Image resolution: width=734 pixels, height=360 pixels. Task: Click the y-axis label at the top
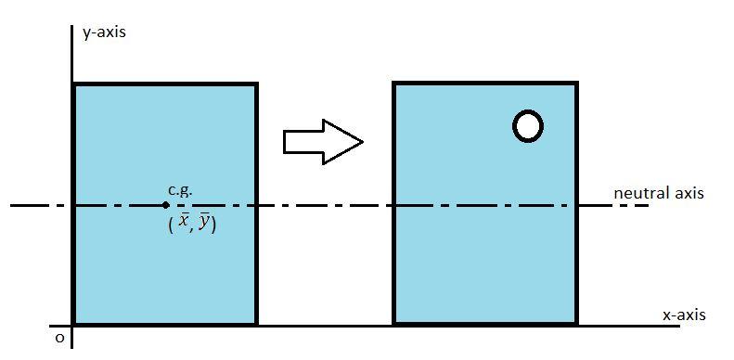coord(103,32)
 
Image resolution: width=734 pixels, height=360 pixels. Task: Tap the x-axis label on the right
coord(684,315)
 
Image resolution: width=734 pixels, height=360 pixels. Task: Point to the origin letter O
coord(59,339)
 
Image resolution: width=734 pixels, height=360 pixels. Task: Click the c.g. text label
coord(181,190)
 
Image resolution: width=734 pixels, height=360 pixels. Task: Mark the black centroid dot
coord(165,205)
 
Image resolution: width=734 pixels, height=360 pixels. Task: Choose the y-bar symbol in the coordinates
coord(204,223)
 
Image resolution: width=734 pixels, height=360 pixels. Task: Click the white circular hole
coord(528,126)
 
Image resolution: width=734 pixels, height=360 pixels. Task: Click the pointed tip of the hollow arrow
coord(361,142)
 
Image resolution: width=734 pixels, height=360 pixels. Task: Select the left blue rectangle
coord(164,269)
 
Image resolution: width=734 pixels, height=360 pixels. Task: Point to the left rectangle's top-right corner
coord(255,84)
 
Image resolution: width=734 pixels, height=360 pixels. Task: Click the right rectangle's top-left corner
coord(394,84)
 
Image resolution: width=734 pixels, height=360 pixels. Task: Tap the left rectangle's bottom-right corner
coord(255,323)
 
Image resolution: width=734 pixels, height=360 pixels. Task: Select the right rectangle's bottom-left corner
coord(394,323)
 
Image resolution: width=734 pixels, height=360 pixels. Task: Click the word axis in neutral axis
coord(687,193)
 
